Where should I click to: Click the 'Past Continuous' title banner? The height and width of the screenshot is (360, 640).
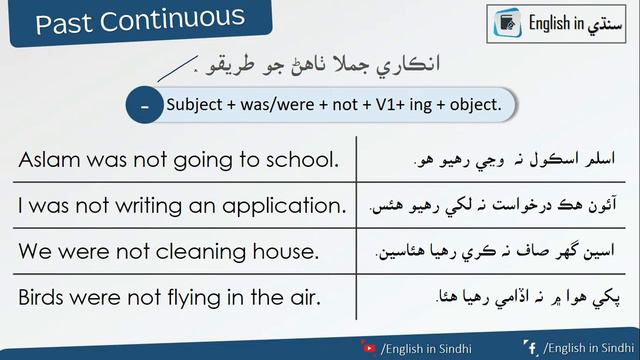pyautogui.click(x=140, y=21)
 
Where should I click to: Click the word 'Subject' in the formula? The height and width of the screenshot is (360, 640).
pyautogui.click(x=193, y=105)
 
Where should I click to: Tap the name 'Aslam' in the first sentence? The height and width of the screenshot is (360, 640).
pyautogui.click(x=46, y=160)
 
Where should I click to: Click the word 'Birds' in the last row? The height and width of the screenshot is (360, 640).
pyautogui.click(x=43, y=297)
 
